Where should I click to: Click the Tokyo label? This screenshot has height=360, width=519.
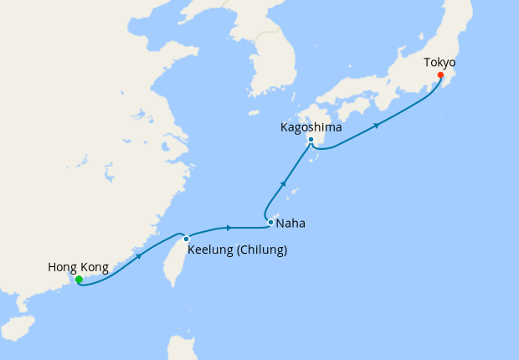[x=439, y=62]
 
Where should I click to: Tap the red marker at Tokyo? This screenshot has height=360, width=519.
[x=441, y=75]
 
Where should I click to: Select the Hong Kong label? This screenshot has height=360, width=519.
[x=78, y=267]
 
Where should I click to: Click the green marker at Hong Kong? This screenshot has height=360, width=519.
[x=79, y=280]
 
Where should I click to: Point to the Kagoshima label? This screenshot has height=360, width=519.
[x=310, y=127]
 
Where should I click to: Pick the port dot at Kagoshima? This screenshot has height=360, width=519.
[x=311, y=140]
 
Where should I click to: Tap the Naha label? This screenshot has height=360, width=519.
[x=290, y=224]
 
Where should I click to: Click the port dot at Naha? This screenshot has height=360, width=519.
[x=270, y=222]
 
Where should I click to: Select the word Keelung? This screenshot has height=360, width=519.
[x=212, y=249]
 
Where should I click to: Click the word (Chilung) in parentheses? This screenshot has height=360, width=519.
[x=263, y=249]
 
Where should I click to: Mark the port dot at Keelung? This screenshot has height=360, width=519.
[x=186, y=239]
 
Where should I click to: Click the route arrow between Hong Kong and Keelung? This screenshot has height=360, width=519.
[x=138, y=255]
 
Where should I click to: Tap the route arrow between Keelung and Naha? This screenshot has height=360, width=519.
[x=229, y=227]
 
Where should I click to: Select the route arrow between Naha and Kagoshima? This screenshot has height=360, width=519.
[x=284, y=183]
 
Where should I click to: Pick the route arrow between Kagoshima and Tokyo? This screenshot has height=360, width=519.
[x=377, y=126]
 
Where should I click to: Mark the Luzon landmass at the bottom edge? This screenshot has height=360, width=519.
[x=181, y=348]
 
